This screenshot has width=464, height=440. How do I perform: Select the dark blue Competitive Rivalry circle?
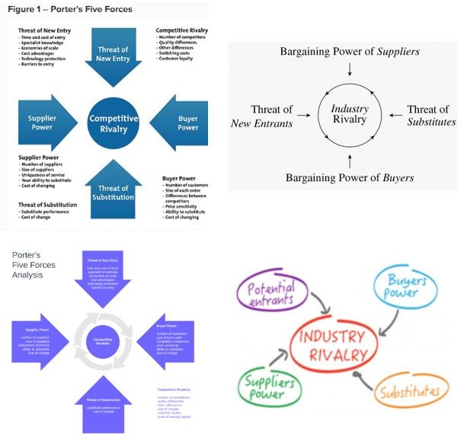pyautogui.click(x=114, y=124)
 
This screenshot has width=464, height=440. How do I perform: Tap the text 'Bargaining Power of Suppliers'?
pyautogui.click(x=350, y=52)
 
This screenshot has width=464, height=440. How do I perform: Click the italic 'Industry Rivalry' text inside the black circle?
pyautogui.click(x=349, y=115)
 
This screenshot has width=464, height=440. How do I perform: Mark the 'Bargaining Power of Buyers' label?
pyautogui.click(x=350, y=178)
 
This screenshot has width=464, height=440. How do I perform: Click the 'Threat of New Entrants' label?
pyautogui.click(x=262, y=116)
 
